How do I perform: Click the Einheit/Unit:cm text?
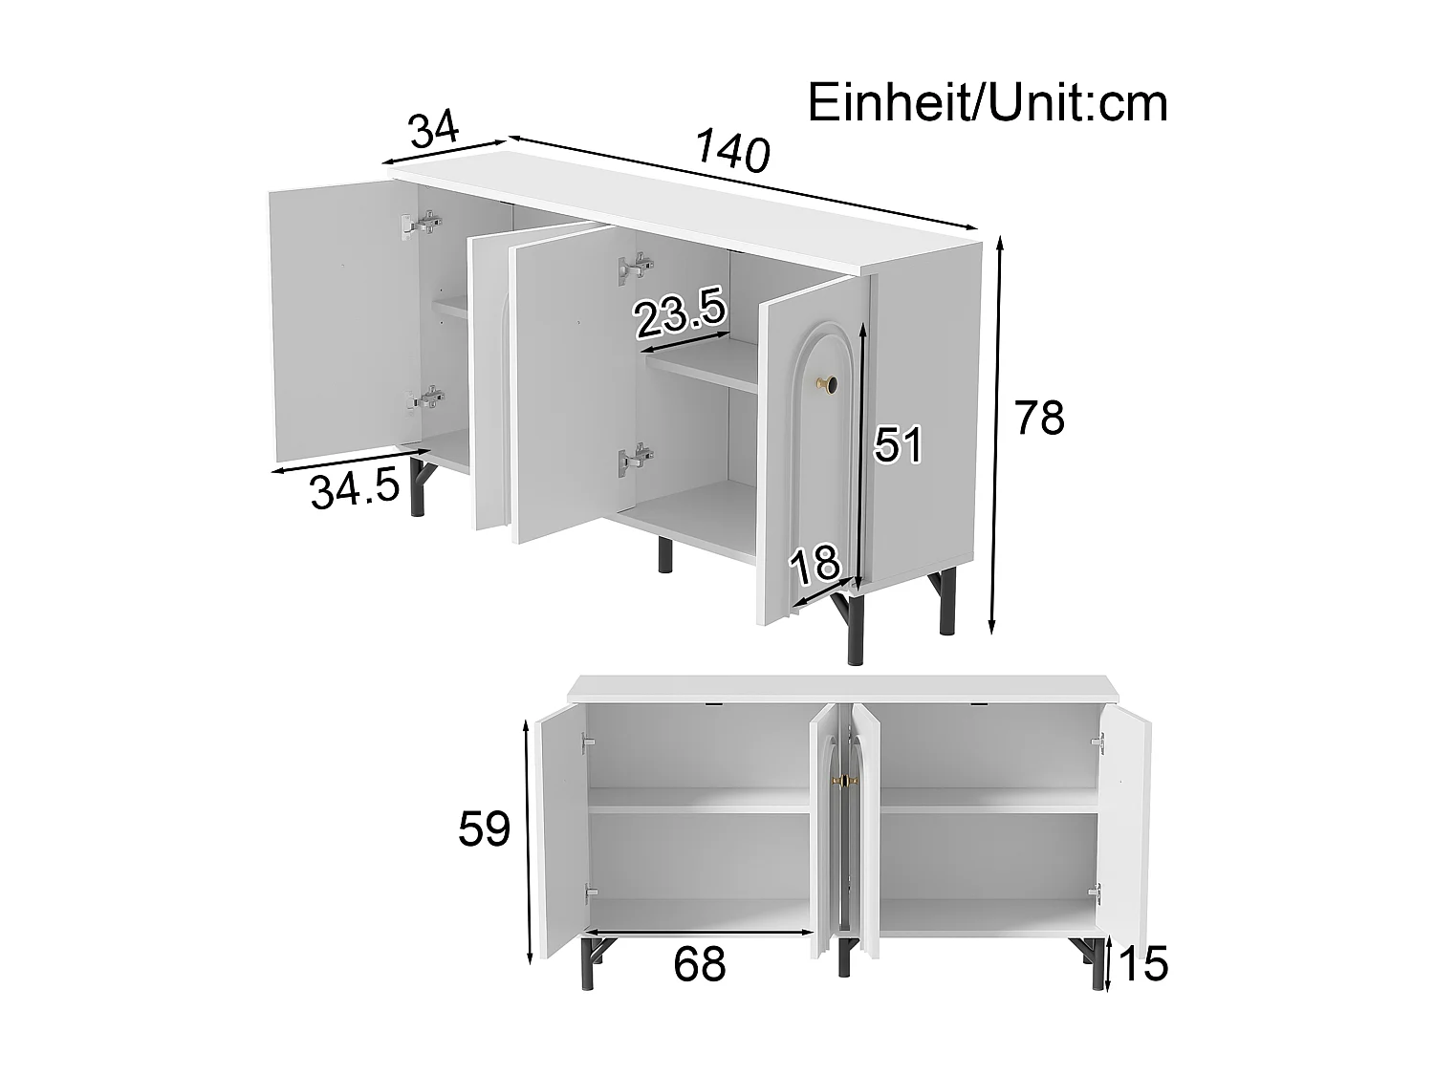988,103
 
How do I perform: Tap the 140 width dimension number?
732,152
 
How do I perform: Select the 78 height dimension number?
1039,419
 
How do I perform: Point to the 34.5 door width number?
354,490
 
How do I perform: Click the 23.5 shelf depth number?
682,316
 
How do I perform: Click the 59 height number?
485,828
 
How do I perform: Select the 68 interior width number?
700,965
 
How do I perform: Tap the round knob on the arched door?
826,385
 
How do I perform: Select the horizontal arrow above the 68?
699,932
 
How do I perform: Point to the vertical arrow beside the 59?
529,842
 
